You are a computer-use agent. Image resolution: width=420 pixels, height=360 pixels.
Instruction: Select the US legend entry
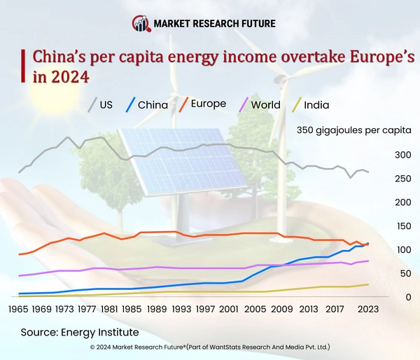[x=100, y=105]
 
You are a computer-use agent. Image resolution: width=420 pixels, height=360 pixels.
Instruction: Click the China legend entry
[x=146, y=105]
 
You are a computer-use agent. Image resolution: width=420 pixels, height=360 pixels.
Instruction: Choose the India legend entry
[x=309, y=105]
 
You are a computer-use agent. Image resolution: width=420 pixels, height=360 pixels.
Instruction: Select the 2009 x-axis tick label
[x=281, y=308]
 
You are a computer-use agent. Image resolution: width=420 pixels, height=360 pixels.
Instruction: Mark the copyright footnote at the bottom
[x=210, y=347]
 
